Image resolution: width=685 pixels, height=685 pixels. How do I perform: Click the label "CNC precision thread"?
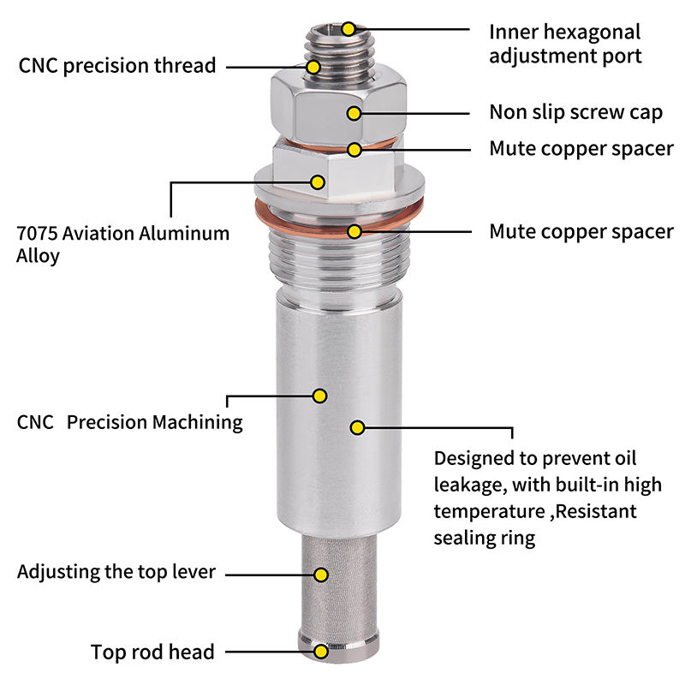116,66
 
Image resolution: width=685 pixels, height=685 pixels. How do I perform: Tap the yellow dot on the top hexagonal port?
348,28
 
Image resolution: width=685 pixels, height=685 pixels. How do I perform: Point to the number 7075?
41,233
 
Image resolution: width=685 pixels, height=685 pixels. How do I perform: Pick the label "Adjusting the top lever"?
116,572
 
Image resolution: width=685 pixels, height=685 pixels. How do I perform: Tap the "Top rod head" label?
153,652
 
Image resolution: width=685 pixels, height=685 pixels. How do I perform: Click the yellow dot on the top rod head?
321,652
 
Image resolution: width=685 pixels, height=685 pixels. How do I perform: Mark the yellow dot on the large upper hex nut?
356,112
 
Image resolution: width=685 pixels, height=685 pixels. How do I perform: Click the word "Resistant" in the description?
596,512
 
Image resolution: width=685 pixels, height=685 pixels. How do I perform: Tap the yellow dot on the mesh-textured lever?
321,574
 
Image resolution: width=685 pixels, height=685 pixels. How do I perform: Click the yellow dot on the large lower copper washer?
355,230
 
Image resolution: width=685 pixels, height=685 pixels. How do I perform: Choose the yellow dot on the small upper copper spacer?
355,149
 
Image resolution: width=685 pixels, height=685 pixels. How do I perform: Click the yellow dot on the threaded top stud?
313,66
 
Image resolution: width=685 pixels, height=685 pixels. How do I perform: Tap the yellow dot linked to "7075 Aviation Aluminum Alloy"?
318,182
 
